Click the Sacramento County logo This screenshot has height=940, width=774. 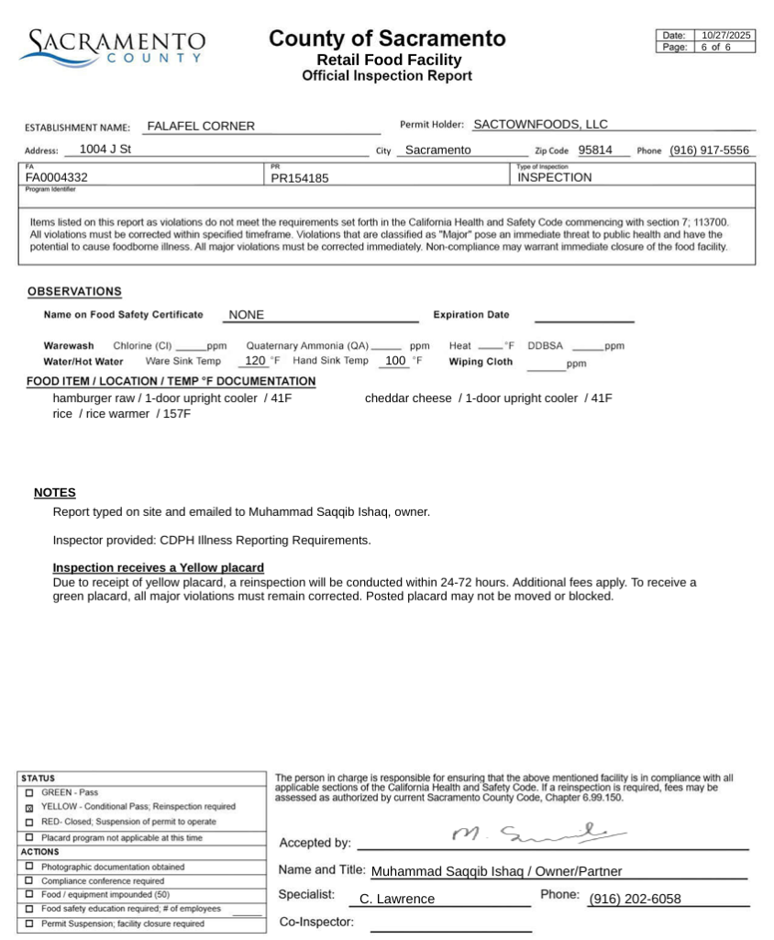112,46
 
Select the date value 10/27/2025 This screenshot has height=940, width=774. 725,35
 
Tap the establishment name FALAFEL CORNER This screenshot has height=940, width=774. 201,127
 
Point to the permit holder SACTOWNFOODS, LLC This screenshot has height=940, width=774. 540,125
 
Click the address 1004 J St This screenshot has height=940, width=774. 105,149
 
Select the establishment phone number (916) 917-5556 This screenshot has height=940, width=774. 709,151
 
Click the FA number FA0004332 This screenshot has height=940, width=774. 57,178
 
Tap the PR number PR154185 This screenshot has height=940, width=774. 300,179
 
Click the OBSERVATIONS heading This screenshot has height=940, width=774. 74,292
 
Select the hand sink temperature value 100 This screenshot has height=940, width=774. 395,361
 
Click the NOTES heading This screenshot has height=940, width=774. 55,493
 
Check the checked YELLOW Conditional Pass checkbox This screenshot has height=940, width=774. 29,807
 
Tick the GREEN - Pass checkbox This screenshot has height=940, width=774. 29,792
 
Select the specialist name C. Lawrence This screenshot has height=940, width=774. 397,900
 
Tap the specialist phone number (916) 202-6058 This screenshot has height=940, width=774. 635,900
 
